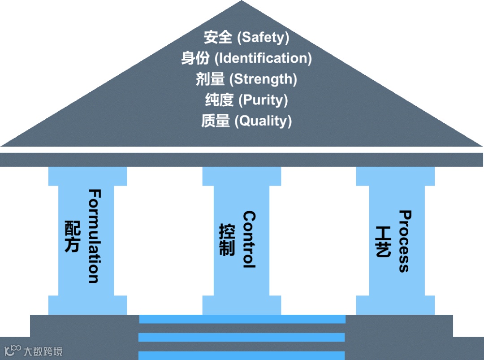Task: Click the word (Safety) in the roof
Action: (263, 37)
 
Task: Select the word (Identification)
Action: (264, 58)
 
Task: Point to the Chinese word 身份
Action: (195, 58)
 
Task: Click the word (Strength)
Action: (263, 79)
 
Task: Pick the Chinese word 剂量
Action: (210, 79)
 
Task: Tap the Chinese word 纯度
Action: (220, 100)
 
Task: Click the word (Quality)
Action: (264, 121)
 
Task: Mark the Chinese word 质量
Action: (216, 121)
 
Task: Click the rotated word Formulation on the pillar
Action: (94, 236)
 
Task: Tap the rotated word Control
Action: (249, 239)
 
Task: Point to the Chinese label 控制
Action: (227, 239)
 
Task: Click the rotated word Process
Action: (404, 241)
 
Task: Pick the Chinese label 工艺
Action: (382, 241)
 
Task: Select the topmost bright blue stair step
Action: (242, 319)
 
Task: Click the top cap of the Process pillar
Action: (395, 176)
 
